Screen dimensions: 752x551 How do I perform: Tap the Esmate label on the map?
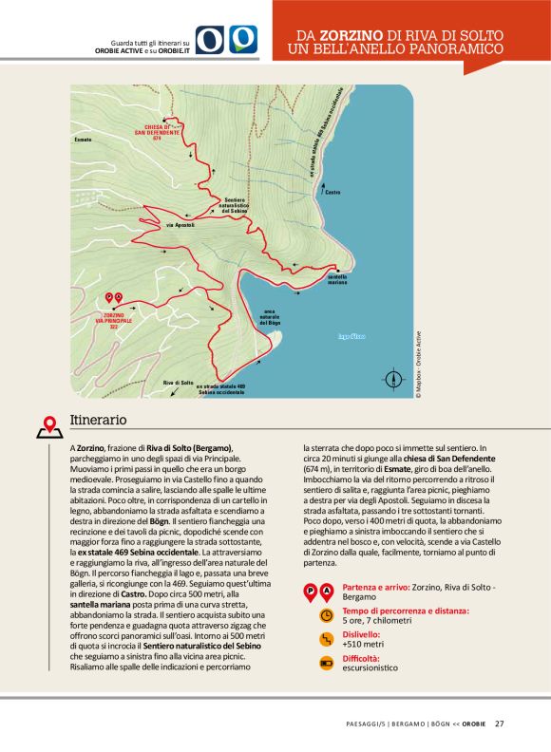point(83,140)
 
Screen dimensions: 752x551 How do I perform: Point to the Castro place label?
point(332,193)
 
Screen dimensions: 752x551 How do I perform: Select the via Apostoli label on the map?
point(180,225)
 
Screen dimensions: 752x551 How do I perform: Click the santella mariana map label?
point(337,281)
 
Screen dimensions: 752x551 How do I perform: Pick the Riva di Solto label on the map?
point(178,382)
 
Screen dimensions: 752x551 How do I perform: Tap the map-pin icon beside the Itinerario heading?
point(50,427)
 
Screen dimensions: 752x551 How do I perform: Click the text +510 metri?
point(361,644)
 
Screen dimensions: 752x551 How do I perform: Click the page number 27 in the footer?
point(499,724)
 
